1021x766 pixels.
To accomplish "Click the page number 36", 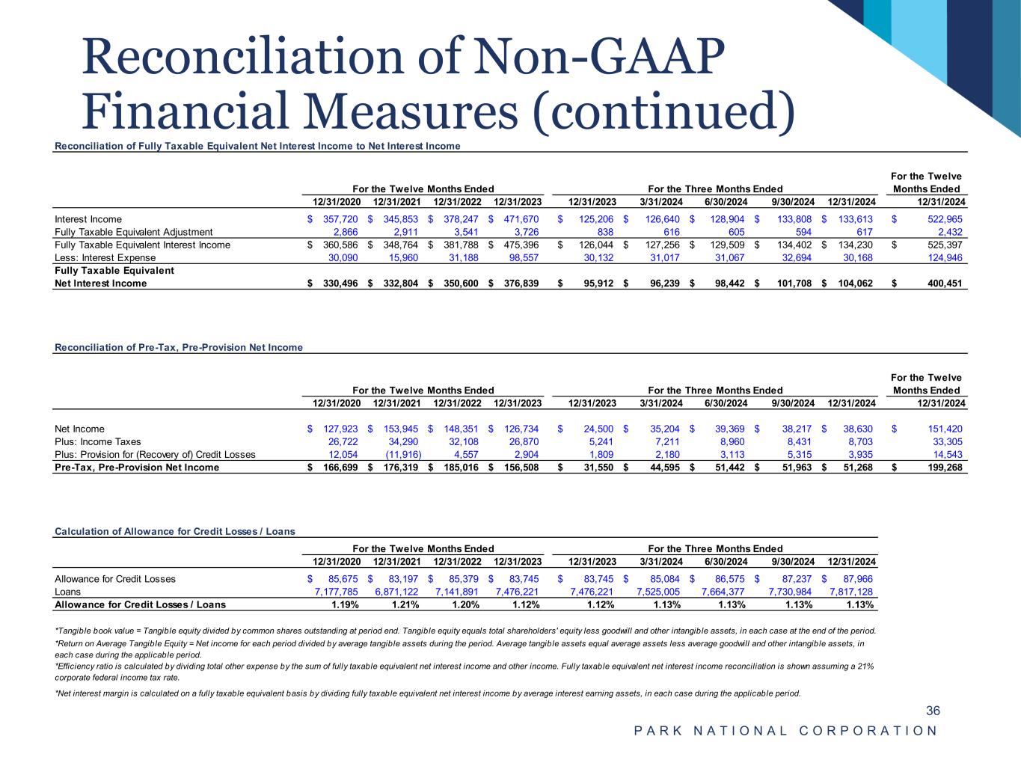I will (x=933, y=711).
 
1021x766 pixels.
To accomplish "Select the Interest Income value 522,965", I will (x=941, y=219).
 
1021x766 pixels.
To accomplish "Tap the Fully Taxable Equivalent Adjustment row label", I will (x=134, y=232).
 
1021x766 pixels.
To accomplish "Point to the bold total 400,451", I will (x=941, y=284).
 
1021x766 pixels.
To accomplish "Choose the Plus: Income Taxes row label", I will (x=98, y=441).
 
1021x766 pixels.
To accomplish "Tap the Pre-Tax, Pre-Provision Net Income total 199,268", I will (x=941, y=468).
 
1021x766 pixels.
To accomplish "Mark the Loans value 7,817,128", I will (x=849, y=592).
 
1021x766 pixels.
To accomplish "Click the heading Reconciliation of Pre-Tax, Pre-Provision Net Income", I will (x=179, y=347).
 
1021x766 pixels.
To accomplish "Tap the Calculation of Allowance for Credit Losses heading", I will (x=175, y=531).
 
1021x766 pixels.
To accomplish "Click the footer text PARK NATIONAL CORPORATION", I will (x=785, y=731).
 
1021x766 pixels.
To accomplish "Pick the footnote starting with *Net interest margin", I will (x=428, y=693).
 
